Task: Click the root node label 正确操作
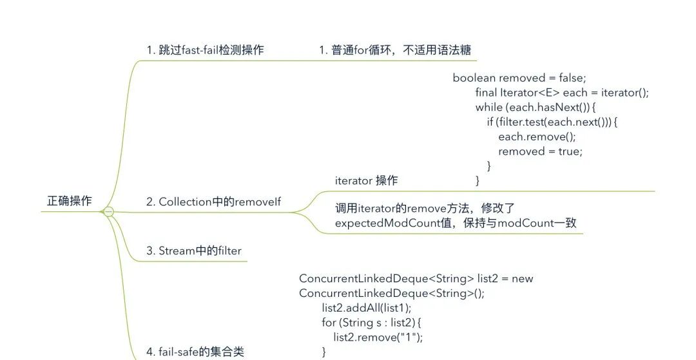[70, 201]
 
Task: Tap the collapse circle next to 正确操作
[108, 211]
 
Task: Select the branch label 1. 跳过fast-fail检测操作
[205, 50]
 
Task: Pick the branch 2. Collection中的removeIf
[213, 202]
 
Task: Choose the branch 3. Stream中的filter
[194, 251]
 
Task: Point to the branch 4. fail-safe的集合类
[195, 352]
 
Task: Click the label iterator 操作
[366, 181]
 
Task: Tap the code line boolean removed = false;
[519, 78]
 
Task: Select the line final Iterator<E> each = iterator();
[561, 93]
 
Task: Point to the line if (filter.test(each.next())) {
[552, 122]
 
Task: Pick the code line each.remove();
[537, 137]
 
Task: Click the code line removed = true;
[540, 151]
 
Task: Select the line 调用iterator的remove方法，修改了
[425, 209]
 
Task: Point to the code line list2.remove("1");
[378, 337]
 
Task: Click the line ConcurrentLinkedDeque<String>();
[392, 294]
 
